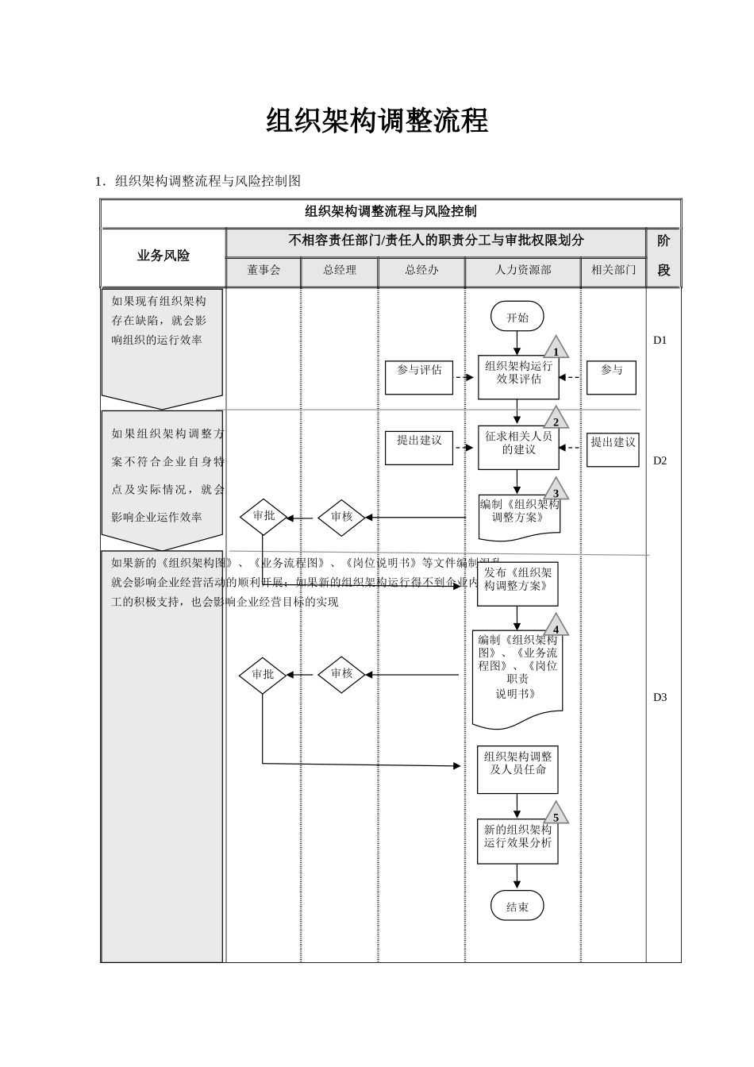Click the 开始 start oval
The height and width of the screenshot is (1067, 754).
(517, 317)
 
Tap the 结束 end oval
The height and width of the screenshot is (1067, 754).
(517, 906)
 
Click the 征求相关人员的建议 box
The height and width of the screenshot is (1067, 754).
(517, 447)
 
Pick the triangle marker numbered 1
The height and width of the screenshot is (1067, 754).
(556, 349)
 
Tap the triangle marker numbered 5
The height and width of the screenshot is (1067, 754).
(556, 815)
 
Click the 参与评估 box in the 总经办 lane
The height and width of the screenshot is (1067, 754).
(418, 377)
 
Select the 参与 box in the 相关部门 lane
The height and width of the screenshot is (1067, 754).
(611, 377)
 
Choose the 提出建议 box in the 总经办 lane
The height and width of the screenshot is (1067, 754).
(418, 448)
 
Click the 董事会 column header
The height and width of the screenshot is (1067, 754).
(264, 271)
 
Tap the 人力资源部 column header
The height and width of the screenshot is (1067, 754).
(522, 271)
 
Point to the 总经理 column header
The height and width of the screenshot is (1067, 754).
(340, 271)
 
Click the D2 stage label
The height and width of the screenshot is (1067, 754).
(660, 460)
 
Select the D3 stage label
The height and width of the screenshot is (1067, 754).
(660, 697)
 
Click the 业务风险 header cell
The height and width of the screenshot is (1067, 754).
(163, 256)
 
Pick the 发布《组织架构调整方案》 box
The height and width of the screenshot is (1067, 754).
(517, 584)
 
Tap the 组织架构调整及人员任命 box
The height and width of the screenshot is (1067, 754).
(517, 768)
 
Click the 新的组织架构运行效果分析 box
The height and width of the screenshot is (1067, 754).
(517, 841)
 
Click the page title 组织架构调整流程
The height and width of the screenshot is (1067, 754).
(377, 121)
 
